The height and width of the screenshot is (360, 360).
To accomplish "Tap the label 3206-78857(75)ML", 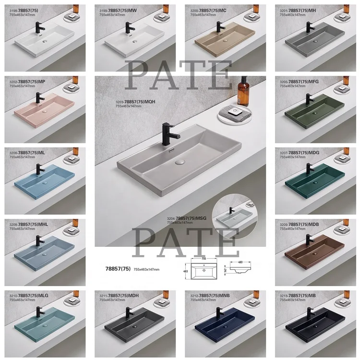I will [27, 153].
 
